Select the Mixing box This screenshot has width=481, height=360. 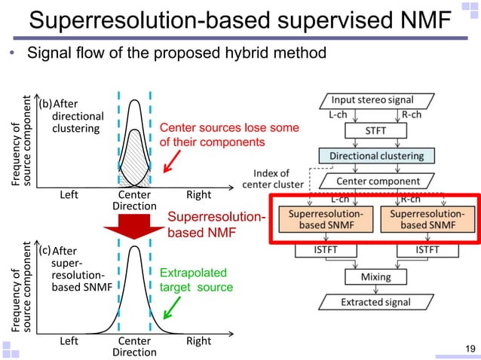tap(376, 276)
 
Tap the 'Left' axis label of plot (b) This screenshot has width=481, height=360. tap(69, 195)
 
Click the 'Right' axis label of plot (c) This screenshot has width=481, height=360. tap(198, 341)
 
